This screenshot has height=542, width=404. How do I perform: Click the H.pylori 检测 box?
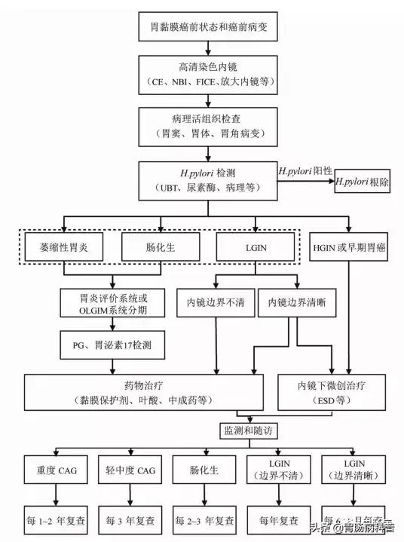pyautogui.click(x=209, y=179)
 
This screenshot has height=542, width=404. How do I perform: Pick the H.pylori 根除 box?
pyautogui.click(x=363, y=182)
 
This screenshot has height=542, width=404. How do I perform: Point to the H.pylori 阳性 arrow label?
pyautogui.click(x=305, y=171)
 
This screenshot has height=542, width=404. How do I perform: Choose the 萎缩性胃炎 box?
pyautogui.click(x=64, y=246)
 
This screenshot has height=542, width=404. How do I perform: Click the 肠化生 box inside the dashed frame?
pyautogui.click(x=158, y=246)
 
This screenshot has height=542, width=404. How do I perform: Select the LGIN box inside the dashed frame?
pyautogui.click(x=253, y=246)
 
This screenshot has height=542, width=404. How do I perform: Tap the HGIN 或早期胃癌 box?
pyautogui.click(x=350, y=246)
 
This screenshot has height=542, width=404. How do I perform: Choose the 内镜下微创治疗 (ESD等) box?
pyautogui.click(x=334, y=391)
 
